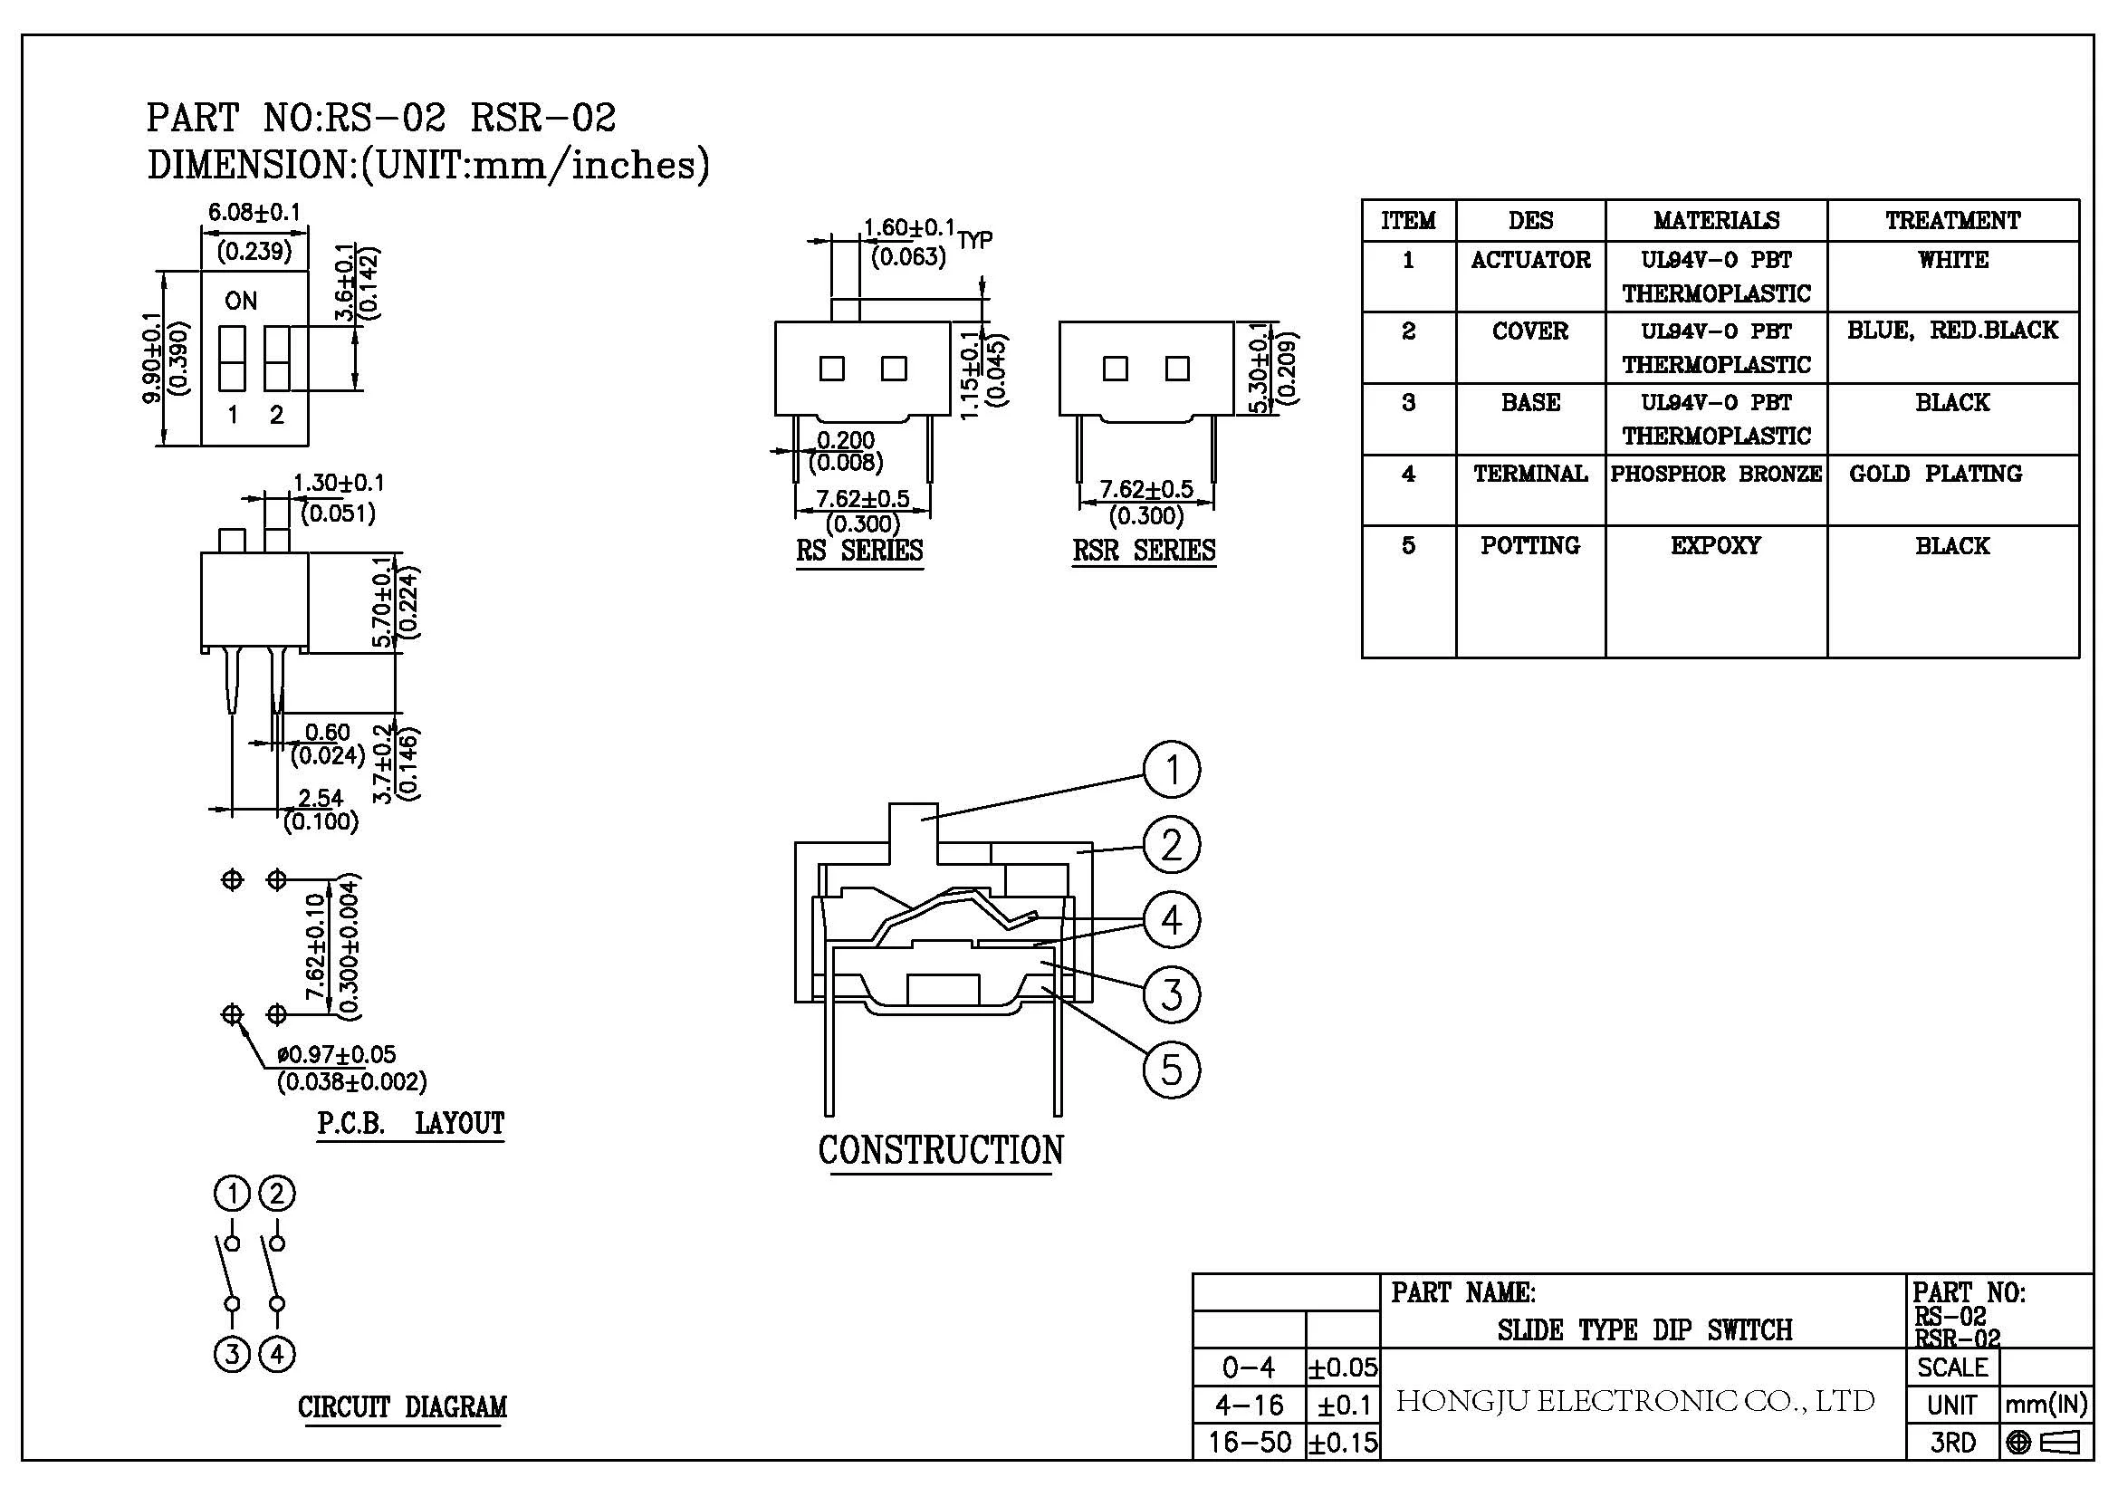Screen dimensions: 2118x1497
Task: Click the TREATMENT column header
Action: click(x=1953, y=220)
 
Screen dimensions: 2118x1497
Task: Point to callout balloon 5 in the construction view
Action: click(x=1172, y=1070)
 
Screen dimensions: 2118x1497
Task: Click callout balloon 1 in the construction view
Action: click(x=1172, y=769)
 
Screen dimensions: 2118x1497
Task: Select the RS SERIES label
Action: click(x=859, y=551)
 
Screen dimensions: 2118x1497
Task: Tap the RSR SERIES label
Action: click(x=1144, y=551)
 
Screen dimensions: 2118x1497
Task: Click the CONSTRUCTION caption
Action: click(x=941, y=1150)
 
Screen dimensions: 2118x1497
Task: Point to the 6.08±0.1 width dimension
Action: click(x=254, y=212)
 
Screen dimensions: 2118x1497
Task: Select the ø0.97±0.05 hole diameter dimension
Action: click(x=337, y=1054)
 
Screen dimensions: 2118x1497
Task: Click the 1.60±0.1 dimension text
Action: click(x=909, y=227)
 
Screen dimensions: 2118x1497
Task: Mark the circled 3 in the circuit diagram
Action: click(x=233, y=1354)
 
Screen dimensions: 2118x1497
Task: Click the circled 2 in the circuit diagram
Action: click(x=277, y=1195)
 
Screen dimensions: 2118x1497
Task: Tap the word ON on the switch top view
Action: click(x=241, y=301)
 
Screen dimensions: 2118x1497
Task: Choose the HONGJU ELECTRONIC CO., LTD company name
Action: click(x=1635, y=1401)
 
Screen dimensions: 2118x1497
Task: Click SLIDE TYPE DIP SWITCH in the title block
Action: click(x=1644, y=1330)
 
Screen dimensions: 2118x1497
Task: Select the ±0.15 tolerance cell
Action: click(x=1343, y=1443)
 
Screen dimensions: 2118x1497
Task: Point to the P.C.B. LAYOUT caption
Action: click(x=410, y=1124)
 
